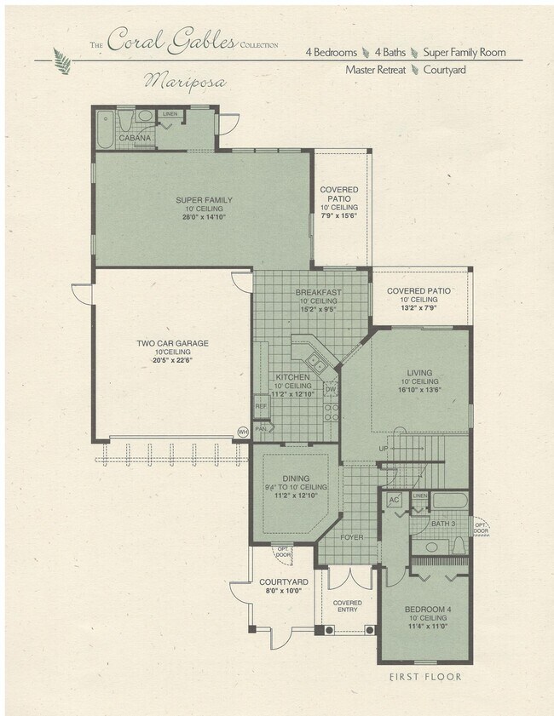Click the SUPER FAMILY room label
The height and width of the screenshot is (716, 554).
(x=204, y=200)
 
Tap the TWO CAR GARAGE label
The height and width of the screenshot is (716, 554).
(x=172, y=344)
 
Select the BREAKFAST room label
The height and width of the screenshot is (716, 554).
(x=318, y=292)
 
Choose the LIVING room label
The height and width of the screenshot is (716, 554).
(x=419, y=373)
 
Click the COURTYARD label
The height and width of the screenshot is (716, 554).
(x=284, y=582)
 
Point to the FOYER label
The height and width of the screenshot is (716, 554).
(x=352, y=537)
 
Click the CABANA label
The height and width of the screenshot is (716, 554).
(x=135, y=138)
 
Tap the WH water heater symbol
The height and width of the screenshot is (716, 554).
(x=243, y=432)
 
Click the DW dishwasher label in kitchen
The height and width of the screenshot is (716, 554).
(x=330, y=389)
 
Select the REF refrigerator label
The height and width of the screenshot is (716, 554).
(x=261, y=406)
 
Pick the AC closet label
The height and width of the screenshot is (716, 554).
(x=394, y=500)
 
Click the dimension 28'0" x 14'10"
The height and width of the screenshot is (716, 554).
(x=204, y=218)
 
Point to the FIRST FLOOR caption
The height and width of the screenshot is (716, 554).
(x=424, y=677)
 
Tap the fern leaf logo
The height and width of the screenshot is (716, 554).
(x=61, y=61)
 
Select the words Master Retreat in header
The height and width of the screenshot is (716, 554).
(x=375, y=70)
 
